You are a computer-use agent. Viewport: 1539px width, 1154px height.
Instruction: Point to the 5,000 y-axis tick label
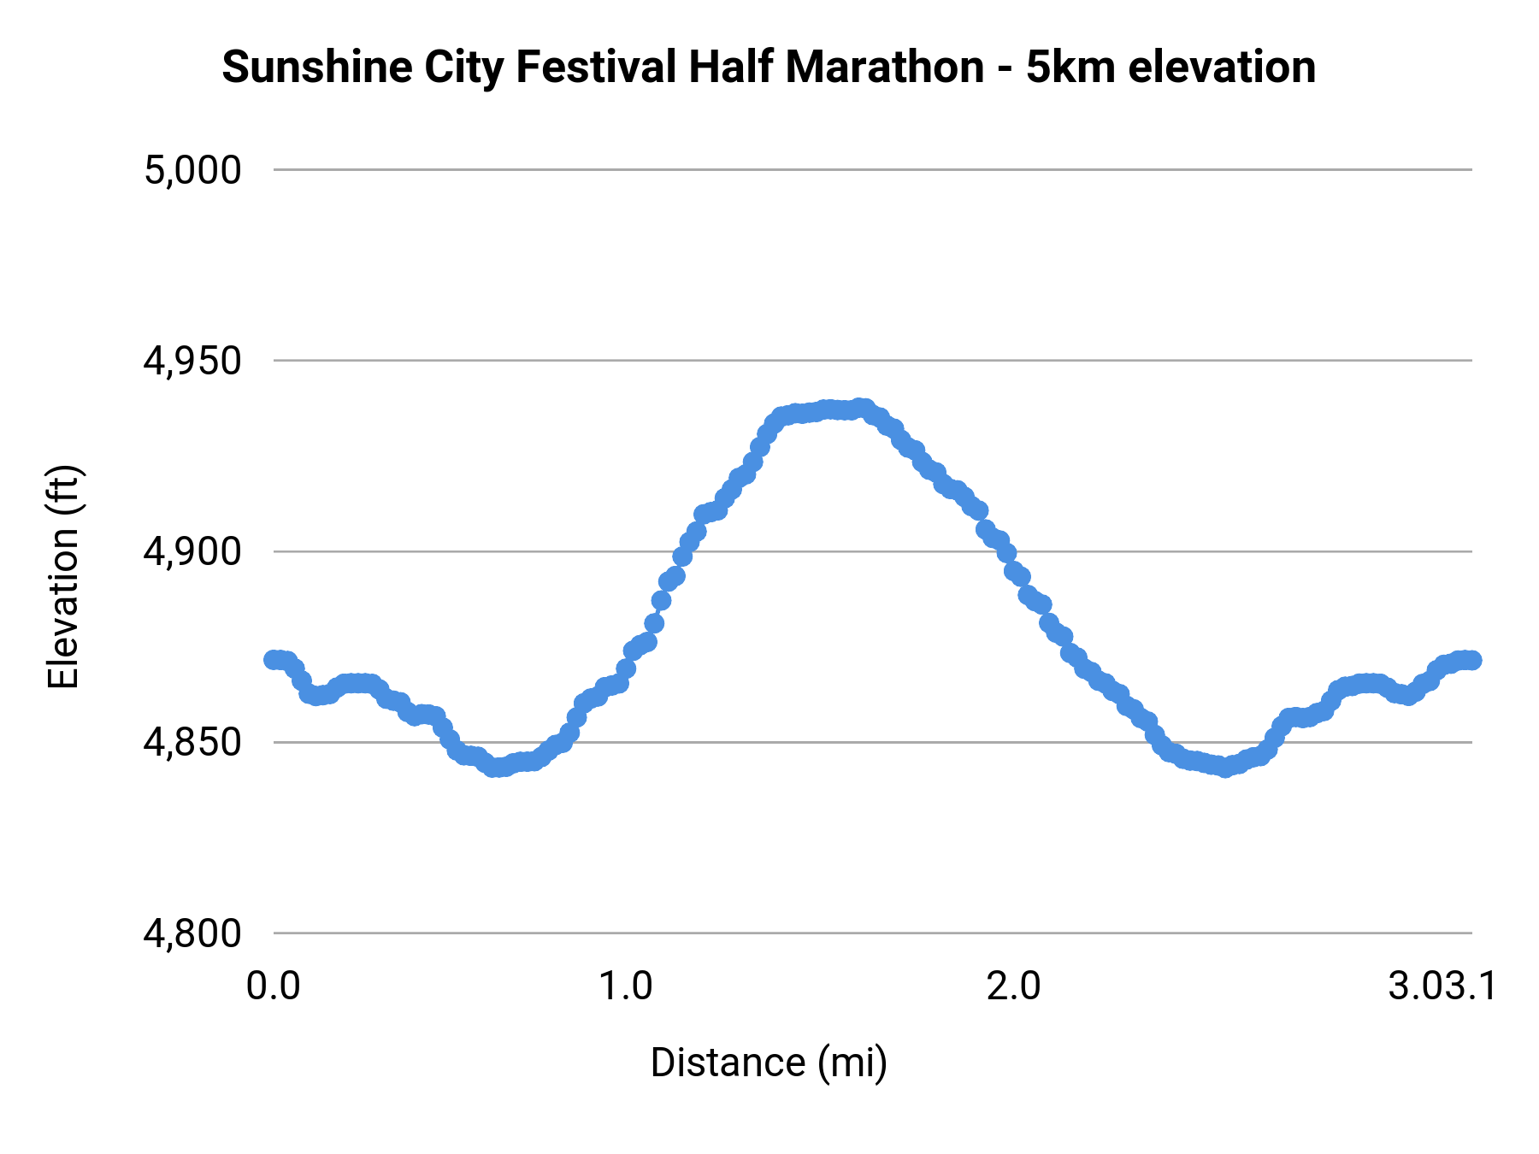192,170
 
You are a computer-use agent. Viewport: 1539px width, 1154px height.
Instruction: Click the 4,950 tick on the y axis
192,362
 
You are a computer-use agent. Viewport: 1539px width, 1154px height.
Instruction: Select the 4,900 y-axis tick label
192,552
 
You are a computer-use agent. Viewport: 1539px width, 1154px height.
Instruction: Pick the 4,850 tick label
192,743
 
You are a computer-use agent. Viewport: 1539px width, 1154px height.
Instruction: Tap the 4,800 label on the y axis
192,933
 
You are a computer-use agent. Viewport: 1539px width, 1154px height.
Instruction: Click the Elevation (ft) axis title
63,577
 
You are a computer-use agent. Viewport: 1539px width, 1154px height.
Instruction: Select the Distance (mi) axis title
769,1063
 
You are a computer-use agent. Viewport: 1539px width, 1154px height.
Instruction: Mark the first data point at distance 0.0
274,660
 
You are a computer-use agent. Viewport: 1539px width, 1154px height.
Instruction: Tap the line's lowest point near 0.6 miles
497,768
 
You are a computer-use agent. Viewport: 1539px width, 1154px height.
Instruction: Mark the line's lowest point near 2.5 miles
1225,768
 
